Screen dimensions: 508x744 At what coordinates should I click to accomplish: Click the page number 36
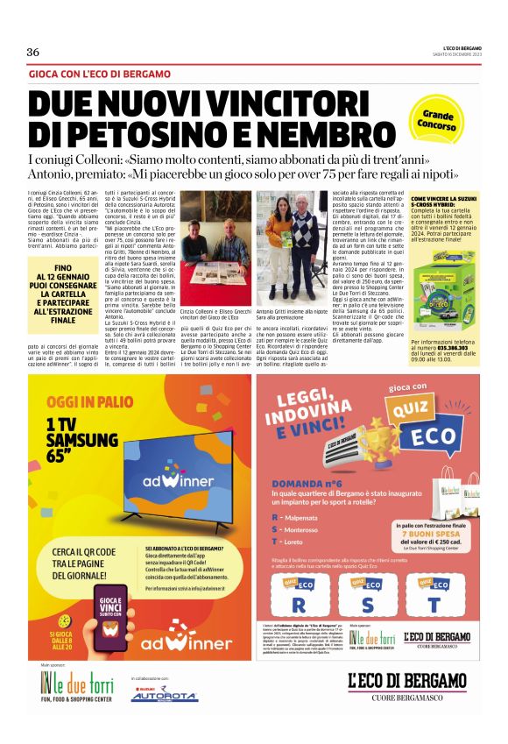(33, 52)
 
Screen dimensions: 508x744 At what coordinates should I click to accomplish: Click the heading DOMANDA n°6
(307, 483)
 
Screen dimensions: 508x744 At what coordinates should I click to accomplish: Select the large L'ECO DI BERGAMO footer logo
(406, 680)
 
